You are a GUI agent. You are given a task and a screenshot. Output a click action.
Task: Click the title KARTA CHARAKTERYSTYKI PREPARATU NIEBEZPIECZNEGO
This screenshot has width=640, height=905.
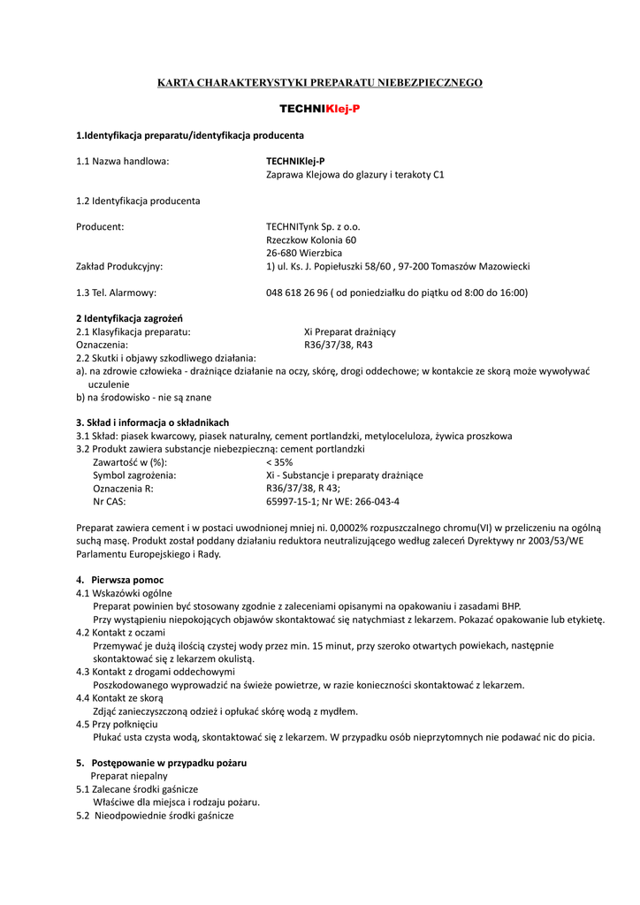(320, 82)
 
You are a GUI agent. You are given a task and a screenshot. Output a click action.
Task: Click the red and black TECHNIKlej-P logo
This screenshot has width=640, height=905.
(320, 109)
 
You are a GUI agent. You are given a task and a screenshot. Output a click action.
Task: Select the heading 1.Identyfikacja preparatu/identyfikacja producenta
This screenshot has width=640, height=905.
(190, 135)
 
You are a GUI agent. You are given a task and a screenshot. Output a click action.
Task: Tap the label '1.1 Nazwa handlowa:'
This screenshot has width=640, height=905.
(123, 161)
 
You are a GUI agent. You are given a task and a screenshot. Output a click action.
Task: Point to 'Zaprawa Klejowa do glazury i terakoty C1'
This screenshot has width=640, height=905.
(355, 174)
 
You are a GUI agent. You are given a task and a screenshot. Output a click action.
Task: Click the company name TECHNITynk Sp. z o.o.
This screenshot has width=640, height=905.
(313, 226)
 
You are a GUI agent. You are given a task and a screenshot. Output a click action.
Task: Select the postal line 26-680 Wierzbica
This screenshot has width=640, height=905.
(304, 253)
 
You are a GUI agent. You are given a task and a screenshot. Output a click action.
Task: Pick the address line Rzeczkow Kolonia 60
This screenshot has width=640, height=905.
(311, 240)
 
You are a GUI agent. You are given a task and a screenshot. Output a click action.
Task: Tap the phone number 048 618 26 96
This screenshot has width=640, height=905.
(305, 293)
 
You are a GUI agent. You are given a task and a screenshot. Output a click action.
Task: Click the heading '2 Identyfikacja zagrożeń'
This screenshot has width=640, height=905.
(135, 318)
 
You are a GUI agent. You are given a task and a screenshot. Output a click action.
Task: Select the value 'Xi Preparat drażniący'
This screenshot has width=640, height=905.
(350, 331)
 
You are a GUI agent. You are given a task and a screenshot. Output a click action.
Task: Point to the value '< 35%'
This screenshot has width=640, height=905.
(279, 462)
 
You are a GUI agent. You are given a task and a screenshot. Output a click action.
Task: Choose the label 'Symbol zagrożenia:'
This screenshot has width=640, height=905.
(134, 475)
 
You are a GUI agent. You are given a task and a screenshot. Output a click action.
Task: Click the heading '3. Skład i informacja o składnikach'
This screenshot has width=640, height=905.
(153, 422)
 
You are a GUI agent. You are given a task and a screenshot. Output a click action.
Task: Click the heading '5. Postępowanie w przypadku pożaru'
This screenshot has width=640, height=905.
(162, 762)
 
